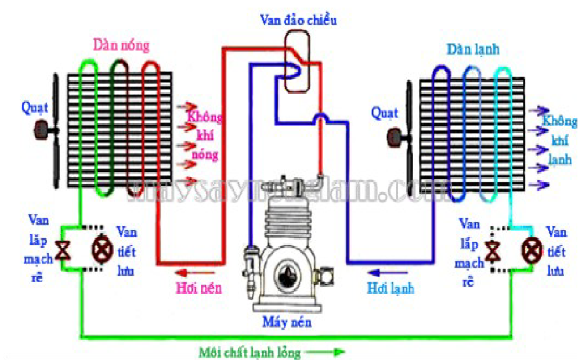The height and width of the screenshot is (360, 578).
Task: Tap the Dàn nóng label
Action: (x=121, y=45)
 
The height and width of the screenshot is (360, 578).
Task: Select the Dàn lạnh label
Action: (x=473, y=49)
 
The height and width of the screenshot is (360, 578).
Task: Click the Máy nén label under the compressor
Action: (x=287, y=321)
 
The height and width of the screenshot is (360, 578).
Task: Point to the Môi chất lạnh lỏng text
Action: (x=250, y=352)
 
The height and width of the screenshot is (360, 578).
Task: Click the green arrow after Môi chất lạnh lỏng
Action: (x=331, y=352)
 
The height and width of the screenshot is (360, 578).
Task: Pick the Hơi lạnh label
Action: (x=390, y=287)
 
